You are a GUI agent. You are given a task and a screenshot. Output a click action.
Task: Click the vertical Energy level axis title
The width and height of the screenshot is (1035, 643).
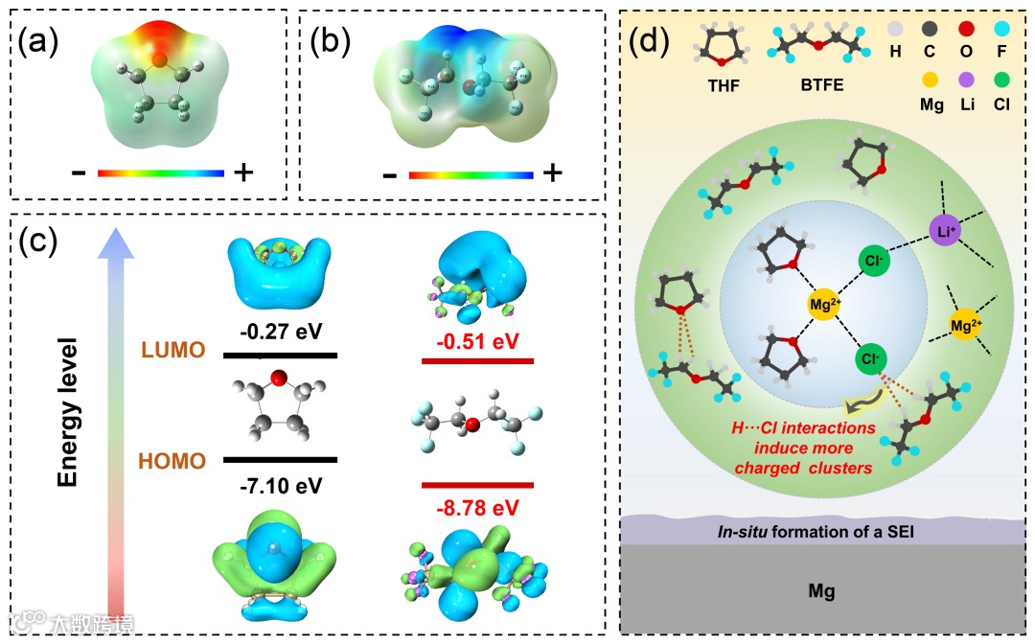67,412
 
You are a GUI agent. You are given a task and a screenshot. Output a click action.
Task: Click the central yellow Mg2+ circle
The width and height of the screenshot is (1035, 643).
825,305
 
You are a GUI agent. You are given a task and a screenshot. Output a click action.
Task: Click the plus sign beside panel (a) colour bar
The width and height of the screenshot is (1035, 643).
243,173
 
